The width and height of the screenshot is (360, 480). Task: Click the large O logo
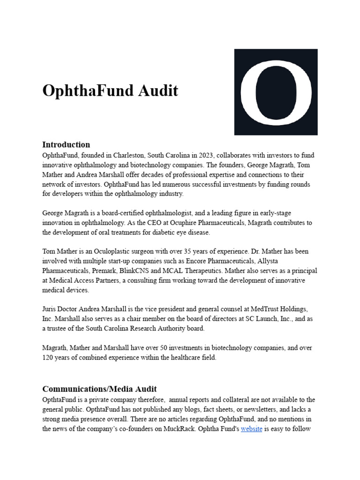[x=276, y=92]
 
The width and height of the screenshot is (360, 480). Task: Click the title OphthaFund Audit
[x=110, y=90]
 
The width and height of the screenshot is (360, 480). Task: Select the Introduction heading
[x=66, y=144]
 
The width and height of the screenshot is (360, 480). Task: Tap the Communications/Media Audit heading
[x=99, y=389]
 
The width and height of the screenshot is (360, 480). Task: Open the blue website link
[x=251, y=428]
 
